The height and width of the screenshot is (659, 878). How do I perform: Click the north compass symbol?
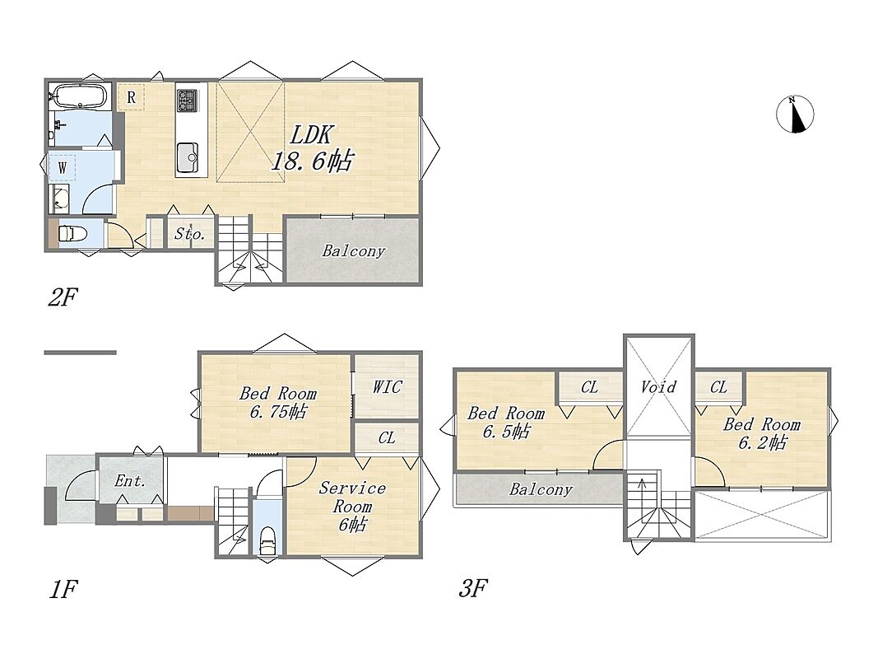tap(795, 115)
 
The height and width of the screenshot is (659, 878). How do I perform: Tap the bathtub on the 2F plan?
tap(78, 96)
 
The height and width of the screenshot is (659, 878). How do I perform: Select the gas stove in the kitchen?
tap(187, 100)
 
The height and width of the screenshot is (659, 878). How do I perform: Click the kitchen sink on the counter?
tap(187, 157)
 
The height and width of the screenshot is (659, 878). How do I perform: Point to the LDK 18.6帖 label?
tap(312, 148)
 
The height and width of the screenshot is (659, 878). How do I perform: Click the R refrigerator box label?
tap(131, 97)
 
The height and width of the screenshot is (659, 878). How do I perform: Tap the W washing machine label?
tap(62, 167)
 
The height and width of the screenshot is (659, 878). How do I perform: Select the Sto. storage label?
tap(189, 233)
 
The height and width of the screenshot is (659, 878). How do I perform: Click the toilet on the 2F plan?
tap(72, 232)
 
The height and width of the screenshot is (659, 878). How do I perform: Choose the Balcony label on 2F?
tap(353, 251)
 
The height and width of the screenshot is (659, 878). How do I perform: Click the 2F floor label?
tap(63, 297)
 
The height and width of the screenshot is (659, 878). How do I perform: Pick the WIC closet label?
tap(387, 386)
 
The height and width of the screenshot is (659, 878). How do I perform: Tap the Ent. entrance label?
tap(130, 480)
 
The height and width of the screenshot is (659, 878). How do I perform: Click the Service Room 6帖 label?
tap(352, 506)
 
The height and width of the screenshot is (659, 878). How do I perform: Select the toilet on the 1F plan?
tap(267, 539)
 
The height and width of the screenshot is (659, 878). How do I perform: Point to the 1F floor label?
tap(63, 589)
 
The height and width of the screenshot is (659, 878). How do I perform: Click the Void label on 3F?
tap(658, 386)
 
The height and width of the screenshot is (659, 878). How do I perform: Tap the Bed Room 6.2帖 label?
tap(761, 434)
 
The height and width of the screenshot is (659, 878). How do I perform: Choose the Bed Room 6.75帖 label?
tap(278, 402)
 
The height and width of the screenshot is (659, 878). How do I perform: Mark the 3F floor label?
tap(473, 589)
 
